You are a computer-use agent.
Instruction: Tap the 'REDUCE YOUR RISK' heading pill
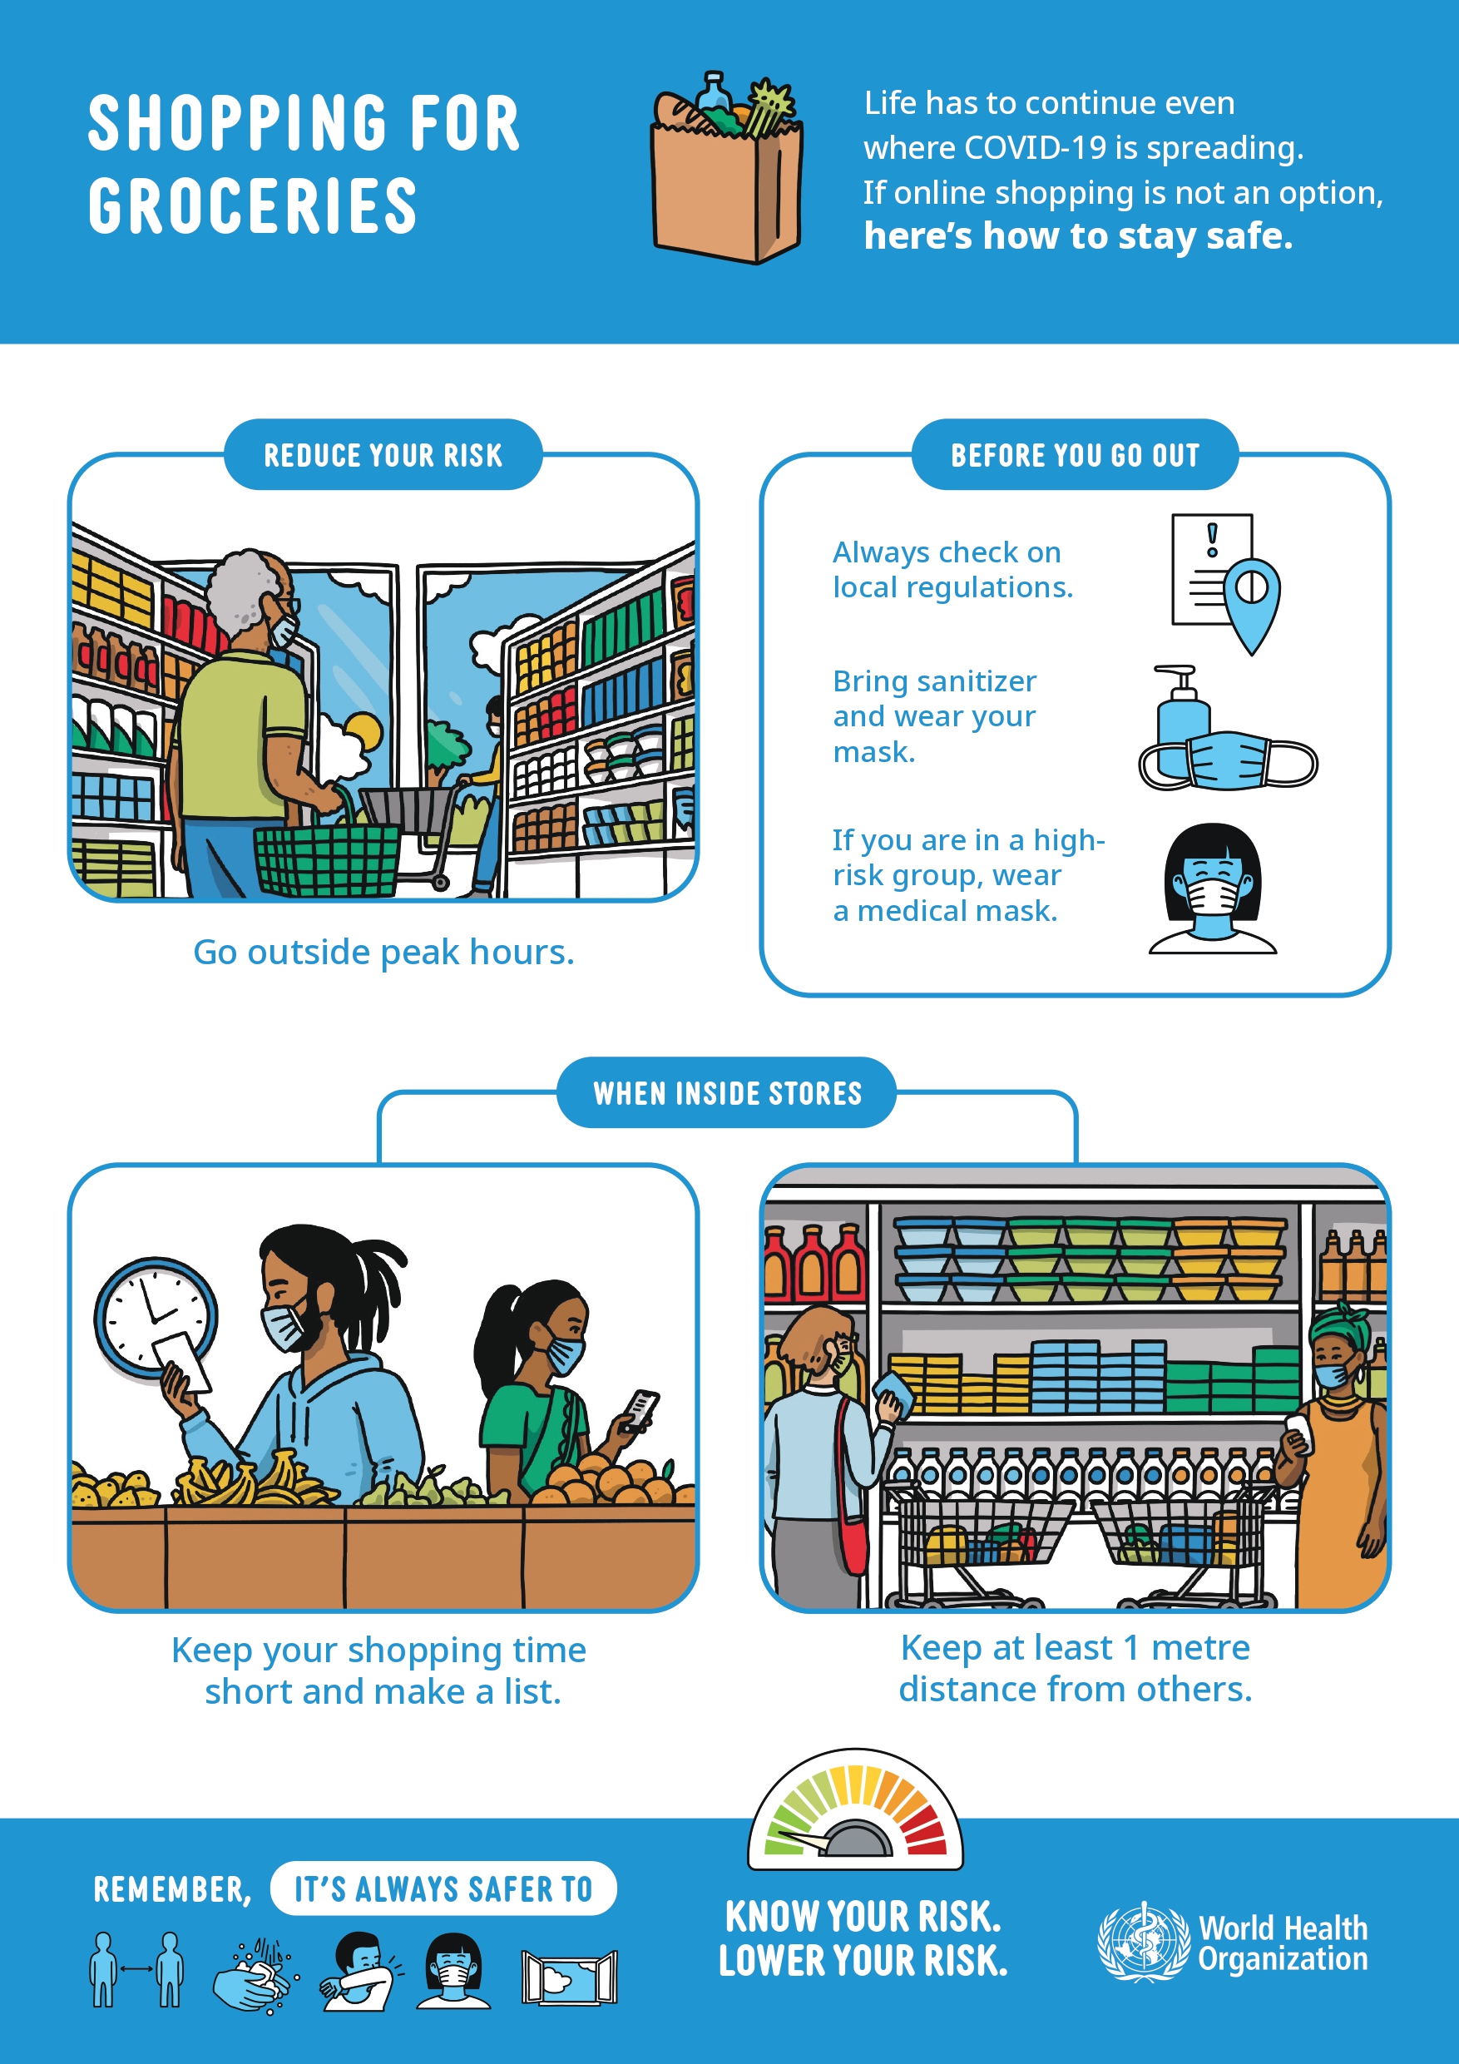click(x=383, y=455)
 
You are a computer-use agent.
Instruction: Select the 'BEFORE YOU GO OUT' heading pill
click(x=1076, y=455)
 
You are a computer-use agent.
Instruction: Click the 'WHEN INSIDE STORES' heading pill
click(x=727, y=1092)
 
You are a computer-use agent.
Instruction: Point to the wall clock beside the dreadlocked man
click(x=155, y=1317)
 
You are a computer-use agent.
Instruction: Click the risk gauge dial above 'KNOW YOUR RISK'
click(x=855, y=1809)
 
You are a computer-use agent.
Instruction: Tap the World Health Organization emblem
click(x=1144, y=1942)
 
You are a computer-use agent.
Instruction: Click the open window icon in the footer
click(x=569, y=1977)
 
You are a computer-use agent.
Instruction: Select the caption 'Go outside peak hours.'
click(x=383, y=952)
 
